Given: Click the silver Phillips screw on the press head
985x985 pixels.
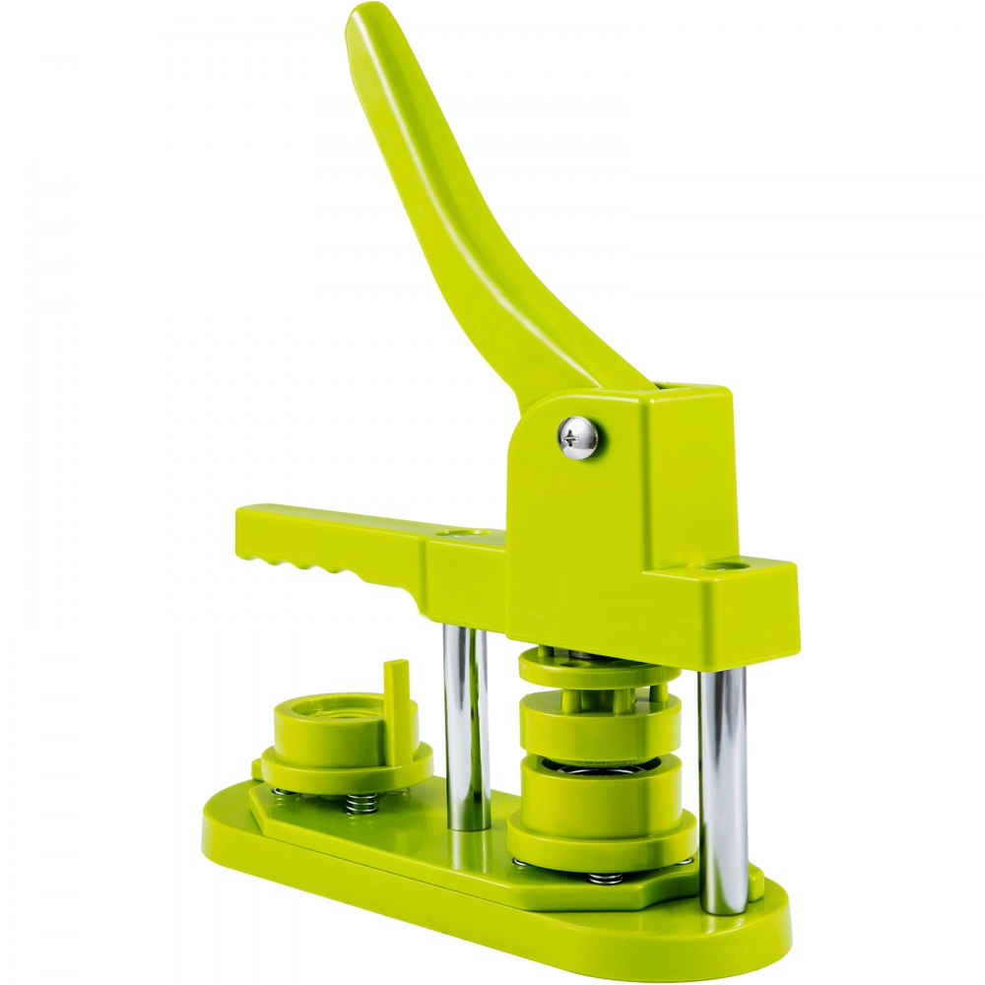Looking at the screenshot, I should tap(578, 437).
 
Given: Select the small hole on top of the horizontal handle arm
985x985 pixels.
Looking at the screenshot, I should tap(455, 533).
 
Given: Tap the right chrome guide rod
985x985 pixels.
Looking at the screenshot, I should tap(723, 788).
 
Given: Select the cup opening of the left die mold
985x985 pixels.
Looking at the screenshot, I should tap(335, 710).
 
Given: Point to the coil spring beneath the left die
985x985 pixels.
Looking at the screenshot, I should tap(362, 803).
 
